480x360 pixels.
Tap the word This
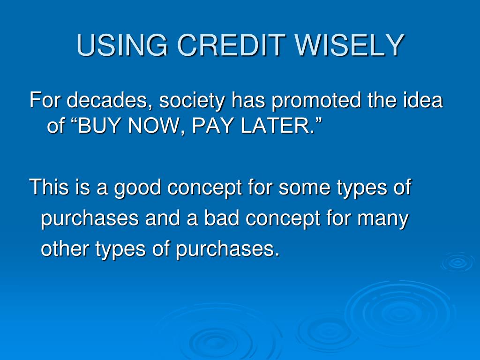(x=49, y=187)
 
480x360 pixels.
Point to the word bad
(x=222, y=217)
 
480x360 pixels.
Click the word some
(x=304, y=188)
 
